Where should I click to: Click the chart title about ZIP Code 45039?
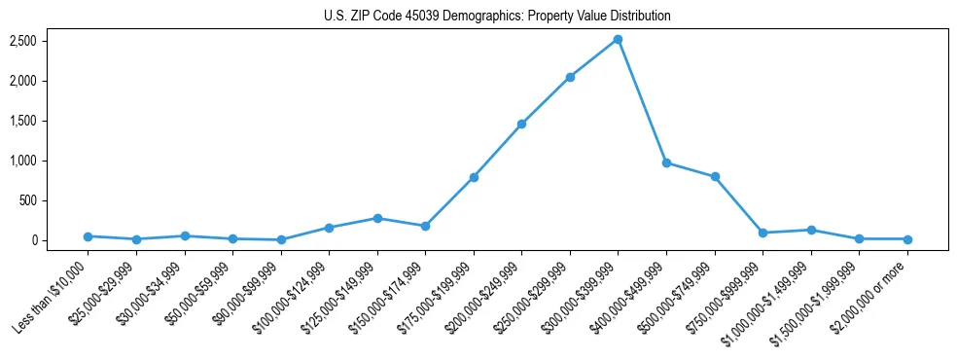tap(497, 17)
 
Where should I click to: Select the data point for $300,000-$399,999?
tap(618, 40)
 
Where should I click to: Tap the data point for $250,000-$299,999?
tap(570, 77)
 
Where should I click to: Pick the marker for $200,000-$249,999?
tap(521, 124)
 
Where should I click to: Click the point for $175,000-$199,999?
tap(474, 177)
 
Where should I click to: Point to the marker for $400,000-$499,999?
tap(666, 162)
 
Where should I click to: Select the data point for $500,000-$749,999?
tap(715, 176)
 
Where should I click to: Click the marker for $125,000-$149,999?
tap(377, 218)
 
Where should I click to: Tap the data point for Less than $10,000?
tap(88, 236)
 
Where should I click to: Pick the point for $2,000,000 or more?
tap(907, 239)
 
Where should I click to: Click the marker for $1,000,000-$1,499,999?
tap(811, 230)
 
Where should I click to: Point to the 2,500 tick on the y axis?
tap(51, 41)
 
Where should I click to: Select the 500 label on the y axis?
tap(55, 200)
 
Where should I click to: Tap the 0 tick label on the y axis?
tap(60, 240)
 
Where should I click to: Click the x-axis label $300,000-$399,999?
tap(587, 293)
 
